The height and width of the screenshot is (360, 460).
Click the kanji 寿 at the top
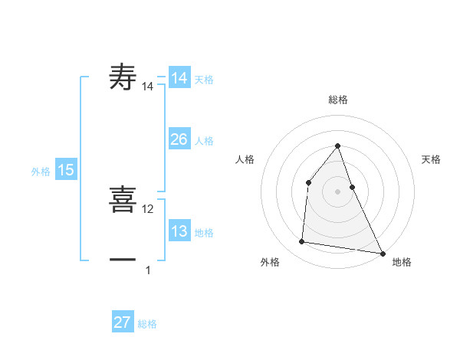pyautogui.click(x=123, y=78)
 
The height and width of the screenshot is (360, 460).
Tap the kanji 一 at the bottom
pyautogui.click(x=123, y=260)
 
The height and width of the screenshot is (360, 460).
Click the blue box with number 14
pyautogui.click(x=179, y=78)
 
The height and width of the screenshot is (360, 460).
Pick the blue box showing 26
pyautogui.click(x=179, y=139)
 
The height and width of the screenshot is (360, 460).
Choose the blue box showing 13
pyautogui.click(x=179, y=231)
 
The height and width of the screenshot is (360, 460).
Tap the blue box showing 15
pyautogui.click(x=66, y=170)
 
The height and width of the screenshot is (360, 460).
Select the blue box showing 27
pyautogui.click(x=123, y=322)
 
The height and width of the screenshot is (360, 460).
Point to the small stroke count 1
pyautogui.click(x=148, y=270)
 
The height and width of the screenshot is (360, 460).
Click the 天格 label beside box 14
pyautogui.click(x=204, y=80)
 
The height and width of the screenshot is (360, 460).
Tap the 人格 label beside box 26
pyautogui.click(x=204, y=141)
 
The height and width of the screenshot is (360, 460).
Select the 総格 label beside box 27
pyautogui.click(x=147, y=324)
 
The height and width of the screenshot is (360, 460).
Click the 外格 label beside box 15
pyautogui.click(x=41, y=172)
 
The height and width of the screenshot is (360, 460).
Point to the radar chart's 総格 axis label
pyautogui.click(x=338, y=100)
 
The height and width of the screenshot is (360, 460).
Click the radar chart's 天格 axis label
pyautogui.click(x=432, y=159)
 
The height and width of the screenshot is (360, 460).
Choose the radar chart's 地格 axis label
pyautogui.click(x=402, y=262)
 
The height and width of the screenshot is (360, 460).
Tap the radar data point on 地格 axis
pyautogui.click(x=382, y=252)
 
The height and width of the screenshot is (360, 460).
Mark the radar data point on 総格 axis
pyautogui.click(x=337, y=146)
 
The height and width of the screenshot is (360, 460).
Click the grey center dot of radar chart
pyautogui.click(x=337, y=191)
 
